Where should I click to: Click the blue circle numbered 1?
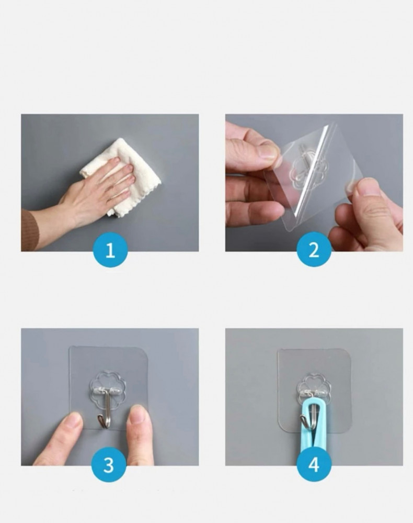110,250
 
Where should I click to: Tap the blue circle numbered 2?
314,250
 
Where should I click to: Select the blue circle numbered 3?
109,464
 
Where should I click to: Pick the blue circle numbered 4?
314,464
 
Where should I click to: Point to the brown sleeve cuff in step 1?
29,230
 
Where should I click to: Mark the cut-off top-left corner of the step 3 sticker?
70,348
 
